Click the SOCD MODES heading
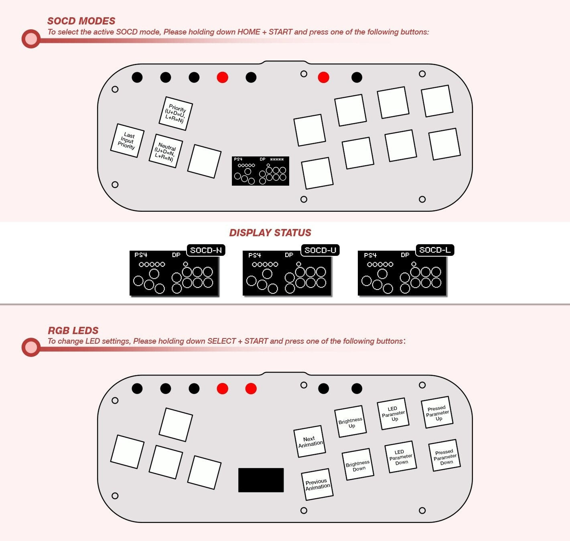point(81,21)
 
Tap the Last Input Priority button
point(127,140)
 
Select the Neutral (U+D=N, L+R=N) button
point(166,151)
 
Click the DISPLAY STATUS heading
point(270,233)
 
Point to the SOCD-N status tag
point(206,250)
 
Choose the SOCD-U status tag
point(320,250)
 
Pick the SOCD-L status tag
point(435,250)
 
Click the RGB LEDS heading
point(73,330)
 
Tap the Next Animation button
point(310,442)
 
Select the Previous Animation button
point(317,484)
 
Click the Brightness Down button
point(358,465)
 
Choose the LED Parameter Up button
point(393,414)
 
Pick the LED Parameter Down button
point(401,457)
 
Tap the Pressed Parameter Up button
point(437,413)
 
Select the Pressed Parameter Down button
point(444,456)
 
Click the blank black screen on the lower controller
point(261,480)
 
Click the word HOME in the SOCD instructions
point(249,32)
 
